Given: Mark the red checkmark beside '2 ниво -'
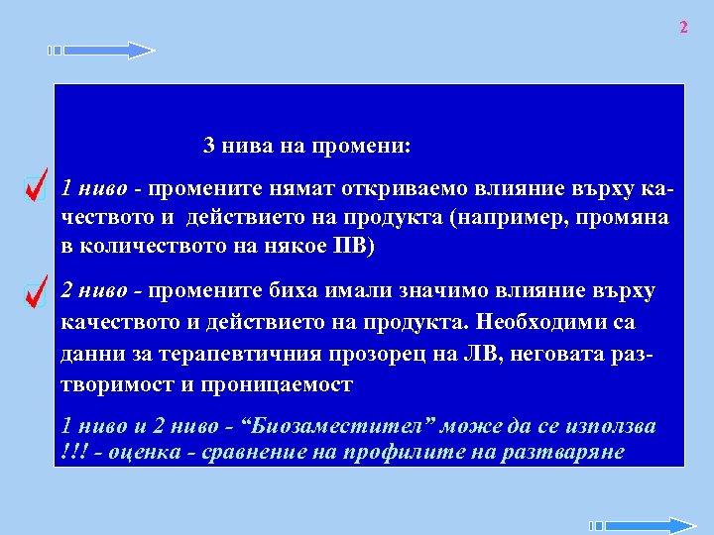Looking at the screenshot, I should click(x=36, y=291).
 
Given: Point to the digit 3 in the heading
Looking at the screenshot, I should click(x=209, y=146).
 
